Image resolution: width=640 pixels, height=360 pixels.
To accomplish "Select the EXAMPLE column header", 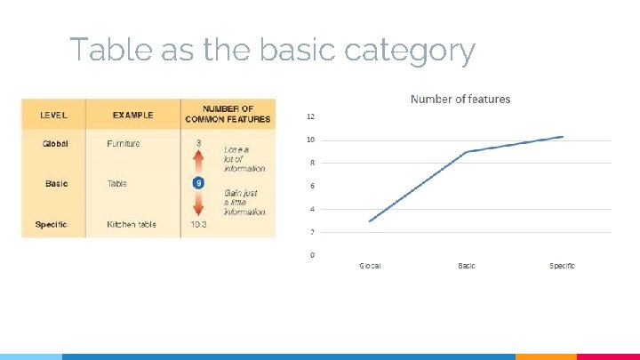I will pyautogui.click(x=132, y=115).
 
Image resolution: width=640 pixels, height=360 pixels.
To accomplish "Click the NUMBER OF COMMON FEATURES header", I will pyautogui.click(x=228, y=114).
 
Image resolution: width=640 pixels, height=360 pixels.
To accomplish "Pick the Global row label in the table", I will pyautogui.click(x=55, y=143).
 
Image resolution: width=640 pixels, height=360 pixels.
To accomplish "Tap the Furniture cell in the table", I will pyautogui.click(x=123, y=143).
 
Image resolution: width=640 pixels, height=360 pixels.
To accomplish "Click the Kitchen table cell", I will pyautogui.click(x=132, y=224).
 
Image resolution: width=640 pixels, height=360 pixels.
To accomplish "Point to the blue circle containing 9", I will pyautogui.click(x=198, y=183).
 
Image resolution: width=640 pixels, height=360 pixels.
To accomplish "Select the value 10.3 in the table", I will pyautogui.click(x=198, y=224).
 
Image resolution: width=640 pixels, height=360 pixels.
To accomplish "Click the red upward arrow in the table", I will pyautogui.click(x=198, y=162).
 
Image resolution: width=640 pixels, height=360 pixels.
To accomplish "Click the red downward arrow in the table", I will pyautogui.click(x=198, y=204).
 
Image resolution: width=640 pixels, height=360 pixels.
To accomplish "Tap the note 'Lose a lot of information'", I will pyautogui.click(x=244, y=158).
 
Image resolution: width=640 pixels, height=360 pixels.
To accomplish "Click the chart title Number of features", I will pyautogui.click(x=460, y=99).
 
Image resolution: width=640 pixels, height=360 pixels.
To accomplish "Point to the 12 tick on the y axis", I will pyautogui.click(x=310, y=116).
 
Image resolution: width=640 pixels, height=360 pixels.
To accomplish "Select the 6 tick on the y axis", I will pyautogui.click(x=310, y=186).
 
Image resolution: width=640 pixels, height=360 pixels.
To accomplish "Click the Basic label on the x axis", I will pyautogui.click(x=466, y=266).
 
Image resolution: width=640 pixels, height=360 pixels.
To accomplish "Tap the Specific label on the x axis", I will pyautogui.click(x=562, y=266).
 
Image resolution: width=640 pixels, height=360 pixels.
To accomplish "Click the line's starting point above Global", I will pyautogui.click(x=370, y=220).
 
